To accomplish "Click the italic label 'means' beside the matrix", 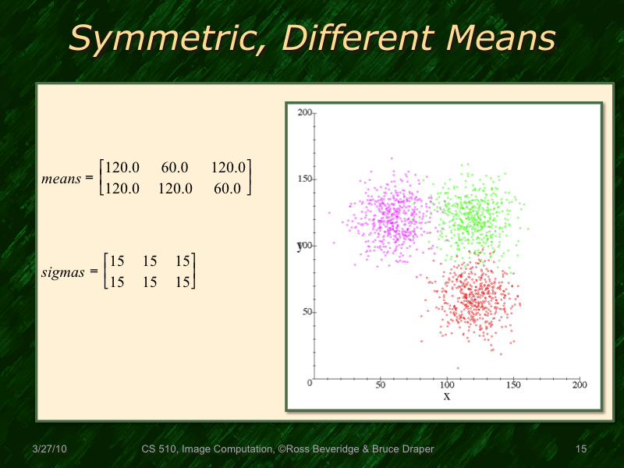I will coord(62,179).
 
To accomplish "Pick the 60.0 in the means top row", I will coord(175,168).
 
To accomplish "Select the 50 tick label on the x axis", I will coord(380,385).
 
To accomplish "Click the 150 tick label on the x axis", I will coord(513,385).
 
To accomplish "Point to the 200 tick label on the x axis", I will coord(580,385).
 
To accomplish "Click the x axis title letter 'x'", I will coord(447,396).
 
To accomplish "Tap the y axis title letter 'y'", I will coord(299,246).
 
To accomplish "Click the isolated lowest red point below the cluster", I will coord(458,368).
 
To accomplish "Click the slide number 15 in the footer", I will coord(580,449).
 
